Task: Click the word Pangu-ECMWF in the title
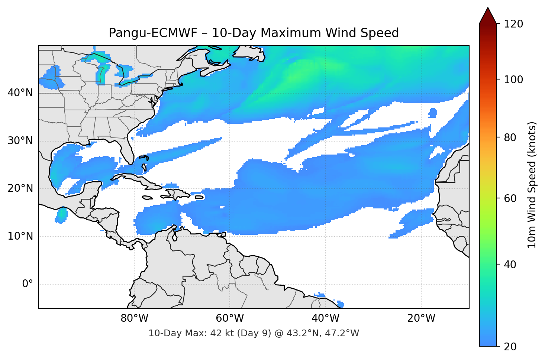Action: click(x=153, y=33)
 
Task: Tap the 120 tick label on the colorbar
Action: click(x=513, y=24)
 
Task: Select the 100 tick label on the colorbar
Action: click(x=513, y=80)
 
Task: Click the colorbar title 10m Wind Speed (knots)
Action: click(x=532, y=185)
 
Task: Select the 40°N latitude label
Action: click(x=20, y=93)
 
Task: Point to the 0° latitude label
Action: click(x=28, y=284)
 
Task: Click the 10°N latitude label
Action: click(x=20, y=236)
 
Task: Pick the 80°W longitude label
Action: click(x=134, y=318)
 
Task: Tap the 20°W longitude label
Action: click(x=421, y=318)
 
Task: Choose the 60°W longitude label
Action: click(x=230, y=318)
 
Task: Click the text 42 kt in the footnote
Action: click(x=222, y=333)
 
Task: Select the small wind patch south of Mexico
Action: click(x=62, y=215)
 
